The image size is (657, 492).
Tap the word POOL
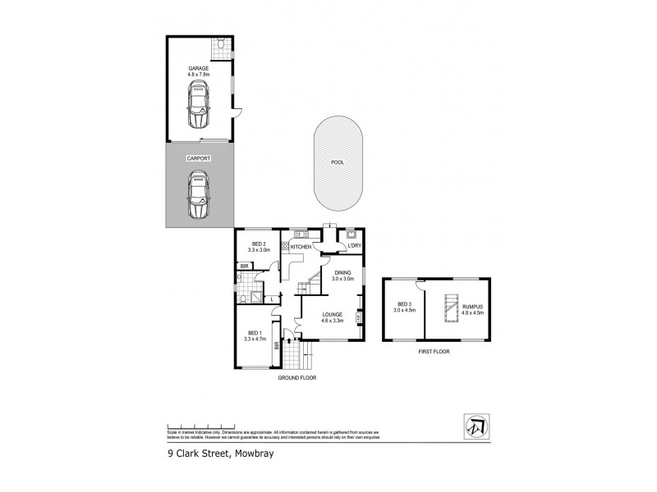337,162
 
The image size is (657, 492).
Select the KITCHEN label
301,246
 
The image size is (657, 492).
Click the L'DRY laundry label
355,246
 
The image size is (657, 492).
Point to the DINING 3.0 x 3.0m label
342,276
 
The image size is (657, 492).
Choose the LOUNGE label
333,316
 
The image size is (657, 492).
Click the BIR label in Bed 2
245,266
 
